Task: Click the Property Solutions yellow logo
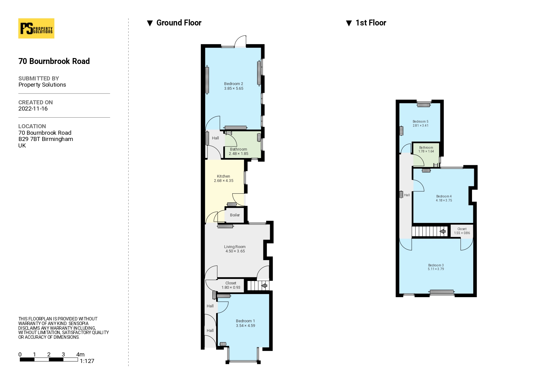point(36,28)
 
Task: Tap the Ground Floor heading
point(179,23)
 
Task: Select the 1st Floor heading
point(371,23)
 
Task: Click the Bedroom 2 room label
point(234,84)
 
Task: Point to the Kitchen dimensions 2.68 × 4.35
point(224,181)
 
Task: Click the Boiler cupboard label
point(235,215)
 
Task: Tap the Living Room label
point(235,247)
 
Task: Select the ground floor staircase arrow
point(264,285)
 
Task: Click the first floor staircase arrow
point(443,231)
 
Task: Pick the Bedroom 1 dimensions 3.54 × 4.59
point(245,326)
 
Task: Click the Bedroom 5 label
point(420,122)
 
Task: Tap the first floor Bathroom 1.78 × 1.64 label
point(426,150)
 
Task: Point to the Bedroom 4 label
point(444,196)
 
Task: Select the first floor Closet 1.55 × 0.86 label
point(462,231)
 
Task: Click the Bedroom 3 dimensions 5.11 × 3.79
point(436,269)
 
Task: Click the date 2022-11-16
point(33,109)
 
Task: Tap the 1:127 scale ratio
point(87,361)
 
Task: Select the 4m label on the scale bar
point(80,355)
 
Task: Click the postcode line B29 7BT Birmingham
point(46,139)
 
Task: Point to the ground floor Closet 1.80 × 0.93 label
point(231,285)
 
